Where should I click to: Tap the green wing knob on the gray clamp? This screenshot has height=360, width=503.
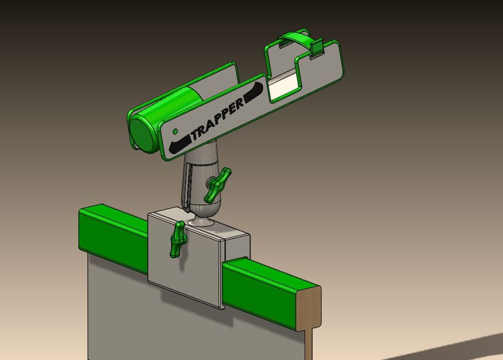tap(179, 238)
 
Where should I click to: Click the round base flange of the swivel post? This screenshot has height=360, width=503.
tap(201, 223)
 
